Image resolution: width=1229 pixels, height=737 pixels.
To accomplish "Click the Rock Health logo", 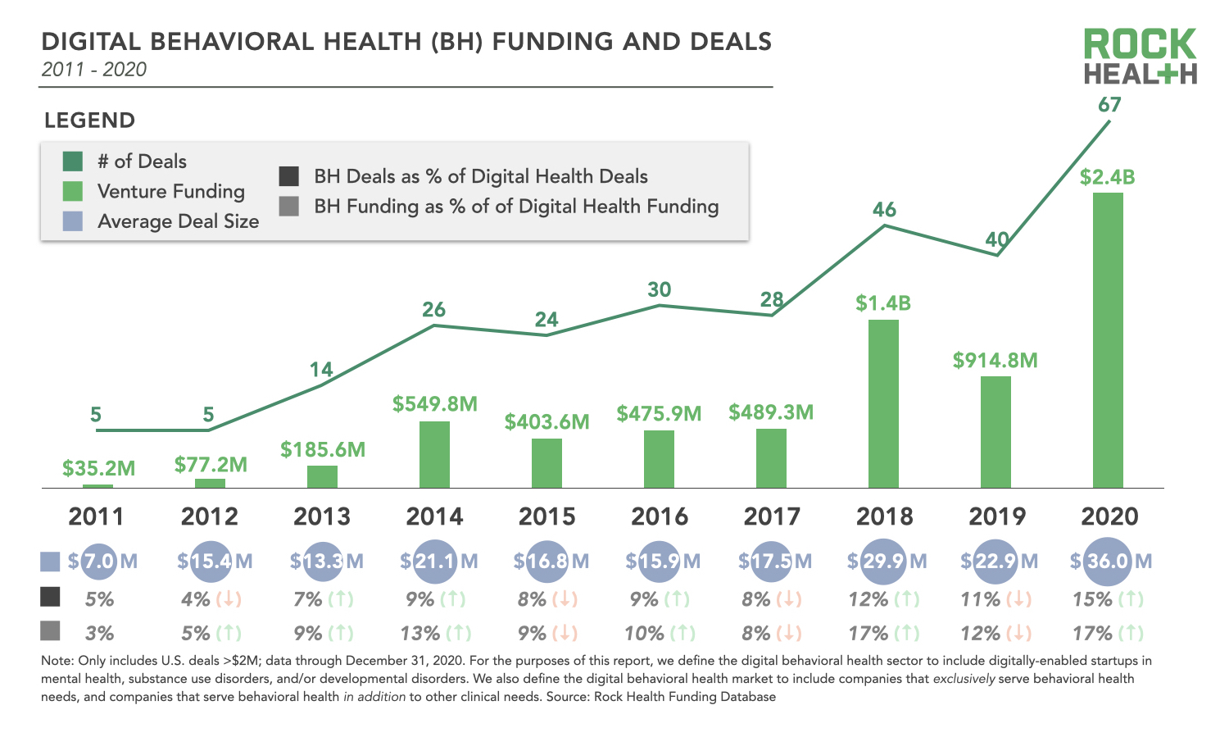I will point(1140,57).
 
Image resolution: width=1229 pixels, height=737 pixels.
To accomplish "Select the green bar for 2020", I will point(1108,340).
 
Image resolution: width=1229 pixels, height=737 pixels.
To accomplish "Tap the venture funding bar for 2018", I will point(883,403).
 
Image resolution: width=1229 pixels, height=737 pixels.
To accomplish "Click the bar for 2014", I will point(434,455).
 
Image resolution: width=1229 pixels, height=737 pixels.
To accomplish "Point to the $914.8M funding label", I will point(995,361).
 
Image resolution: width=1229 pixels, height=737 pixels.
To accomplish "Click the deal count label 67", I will point(1109,105).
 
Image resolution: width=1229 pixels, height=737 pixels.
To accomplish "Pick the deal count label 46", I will point(884,210).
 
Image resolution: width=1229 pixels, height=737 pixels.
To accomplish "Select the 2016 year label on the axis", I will point(660,516).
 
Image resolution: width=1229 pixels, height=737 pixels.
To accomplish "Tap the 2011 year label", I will point(97,516).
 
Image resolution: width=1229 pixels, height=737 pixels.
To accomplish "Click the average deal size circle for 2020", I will point(1108,562).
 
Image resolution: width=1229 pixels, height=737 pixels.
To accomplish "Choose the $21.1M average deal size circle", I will point(436,562).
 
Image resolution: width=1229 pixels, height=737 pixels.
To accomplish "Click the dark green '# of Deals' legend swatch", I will point(73,162).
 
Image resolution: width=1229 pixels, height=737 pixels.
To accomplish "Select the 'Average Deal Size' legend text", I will point(178,221).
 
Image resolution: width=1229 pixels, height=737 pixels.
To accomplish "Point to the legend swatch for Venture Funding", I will point(73,192).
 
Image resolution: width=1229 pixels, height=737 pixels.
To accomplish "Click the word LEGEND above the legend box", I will point(89,121).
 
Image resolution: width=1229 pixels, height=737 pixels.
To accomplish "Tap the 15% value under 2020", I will point(1091,600).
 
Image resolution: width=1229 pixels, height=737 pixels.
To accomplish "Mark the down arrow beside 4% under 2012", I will point(229,600).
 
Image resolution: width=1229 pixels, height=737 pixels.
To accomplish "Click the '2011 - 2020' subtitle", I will point(94,70).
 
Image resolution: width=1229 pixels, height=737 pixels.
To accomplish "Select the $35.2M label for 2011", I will point(98,469).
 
